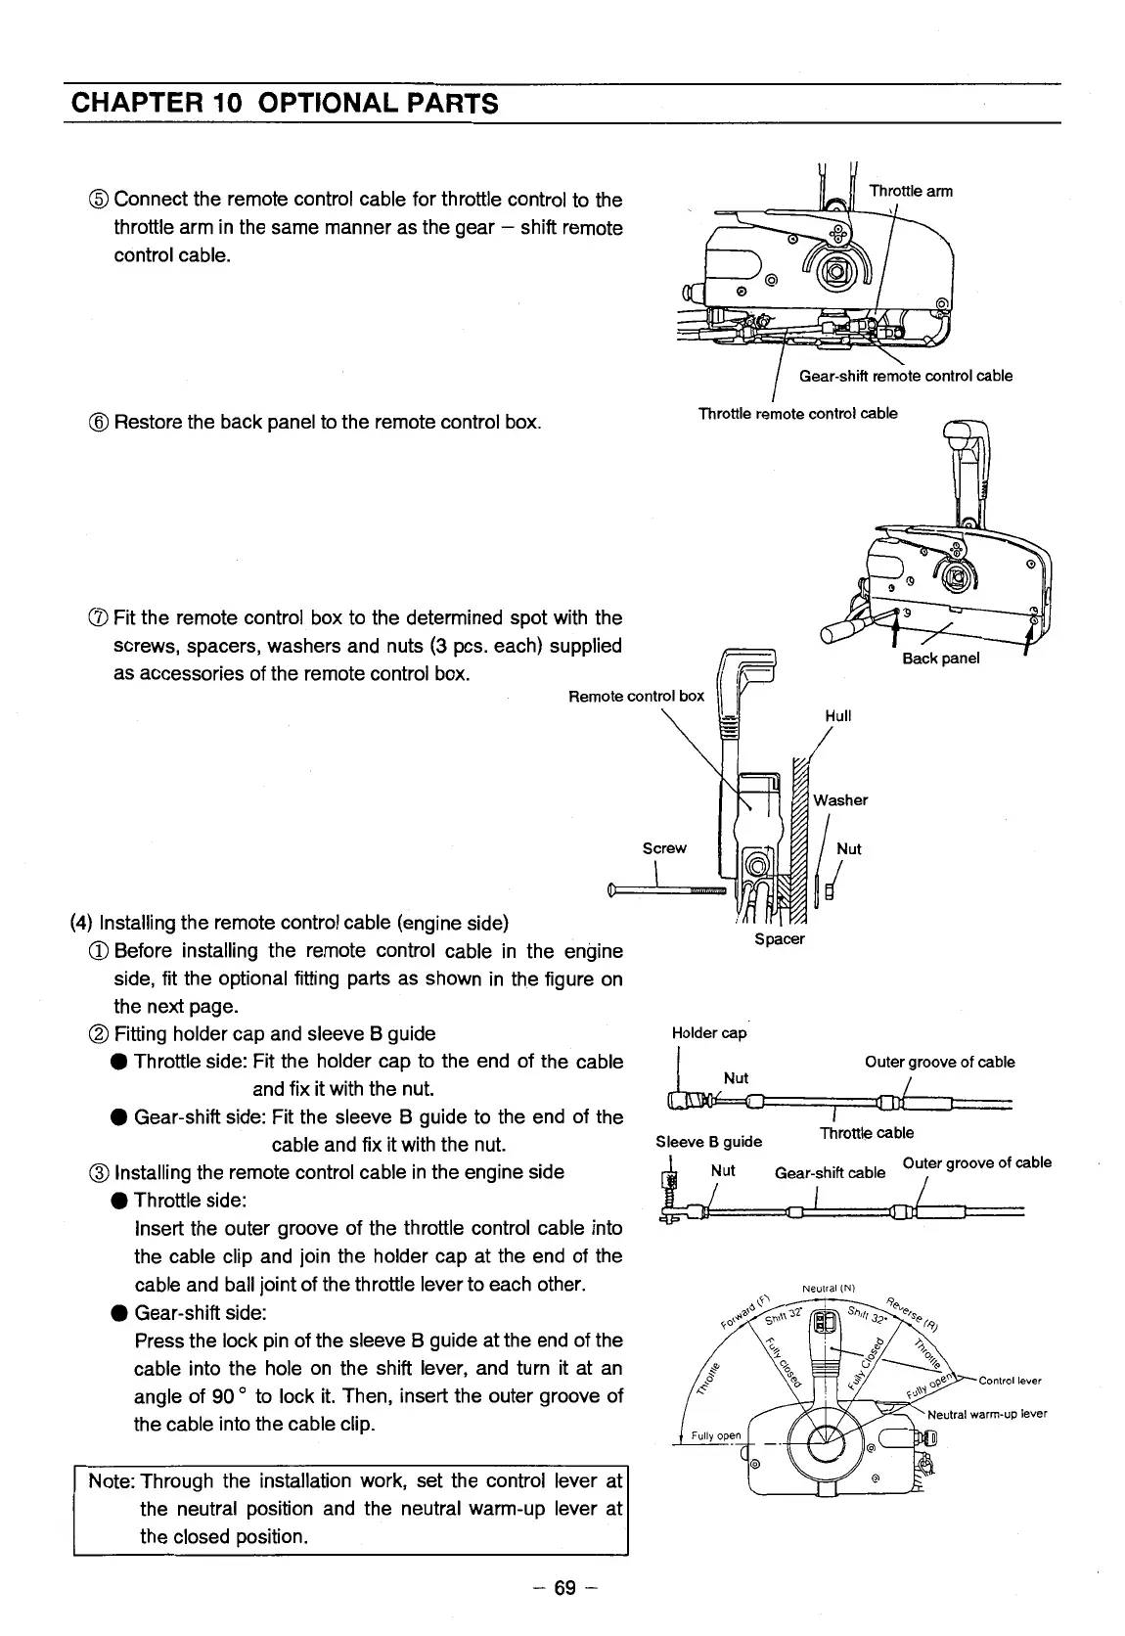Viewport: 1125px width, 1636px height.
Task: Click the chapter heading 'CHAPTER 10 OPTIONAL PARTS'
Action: pos(283,103)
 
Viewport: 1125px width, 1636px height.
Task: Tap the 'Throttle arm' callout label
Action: pos(911,191)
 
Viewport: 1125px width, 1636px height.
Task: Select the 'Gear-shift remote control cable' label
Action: pos(906,376)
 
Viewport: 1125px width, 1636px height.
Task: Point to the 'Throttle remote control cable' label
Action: pos(797,413)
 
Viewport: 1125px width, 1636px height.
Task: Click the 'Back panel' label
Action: pos(940,658)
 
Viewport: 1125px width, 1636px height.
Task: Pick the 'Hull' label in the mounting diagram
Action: pos(838,715)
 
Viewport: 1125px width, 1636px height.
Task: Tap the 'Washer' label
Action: pos(840,799)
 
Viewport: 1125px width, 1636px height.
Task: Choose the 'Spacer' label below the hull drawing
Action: pos(779,939)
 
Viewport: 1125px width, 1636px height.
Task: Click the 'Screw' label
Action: pos(664,847)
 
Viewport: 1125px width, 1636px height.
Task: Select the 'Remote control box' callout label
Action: pos(636,696)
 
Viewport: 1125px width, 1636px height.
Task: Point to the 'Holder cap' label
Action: pos(709,1033)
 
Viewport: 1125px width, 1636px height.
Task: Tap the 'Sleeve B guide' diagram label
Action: pos(708,1141)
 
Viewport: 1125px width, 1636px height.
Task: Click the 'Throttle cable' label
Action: pos(867,1132)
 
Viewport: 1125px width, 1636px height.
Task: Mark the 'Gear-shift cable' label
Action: pos(830,1172)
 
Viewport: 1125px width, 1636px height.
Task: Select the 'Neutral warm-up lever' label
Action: pos(987,1414)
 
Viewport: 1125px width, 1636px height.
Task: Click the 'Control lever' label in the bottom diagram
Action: pos(1010,1381)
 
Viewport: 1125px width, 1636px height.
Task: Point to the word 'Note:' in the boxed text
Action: pos(111,1481)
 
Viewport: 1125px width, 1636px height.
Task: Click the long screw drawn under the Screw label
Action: pos(665,890)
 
